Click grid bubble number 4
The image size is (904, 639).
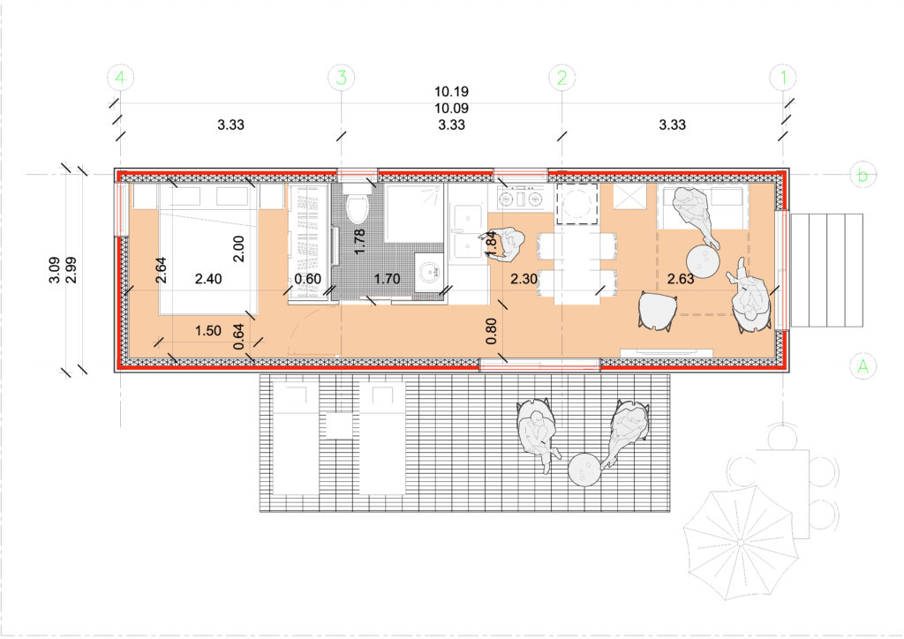point(120,77)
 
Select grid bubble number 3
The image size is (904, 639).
point(342,77)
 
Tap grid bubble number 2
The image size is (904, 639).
point(562,77)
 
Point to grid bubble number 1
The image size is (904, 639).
point(783,77)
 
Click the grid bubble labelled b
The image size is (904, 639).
point(863,175)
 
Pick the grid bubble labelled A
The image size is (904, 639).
point(863,366)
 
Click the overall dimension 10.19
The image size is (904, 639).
point(451,92)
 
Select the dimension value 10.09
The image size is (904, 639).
point(451,109)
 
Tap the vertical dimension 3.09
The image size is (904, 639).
point(54,270)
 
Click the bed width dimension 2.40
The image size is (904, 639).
point(208,279)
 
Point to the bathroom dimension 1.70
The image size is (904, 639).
point(387,279)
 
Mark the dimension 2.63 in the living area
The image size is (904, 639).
point(681,279)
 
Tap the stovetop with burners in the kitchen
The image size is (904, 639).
point(522,198)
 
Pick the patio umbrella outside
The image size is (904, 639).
point(741,543)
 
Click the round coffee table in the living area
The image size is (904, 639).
point(703,263)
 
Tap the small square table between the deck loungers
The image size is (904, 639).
point(339,425)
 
